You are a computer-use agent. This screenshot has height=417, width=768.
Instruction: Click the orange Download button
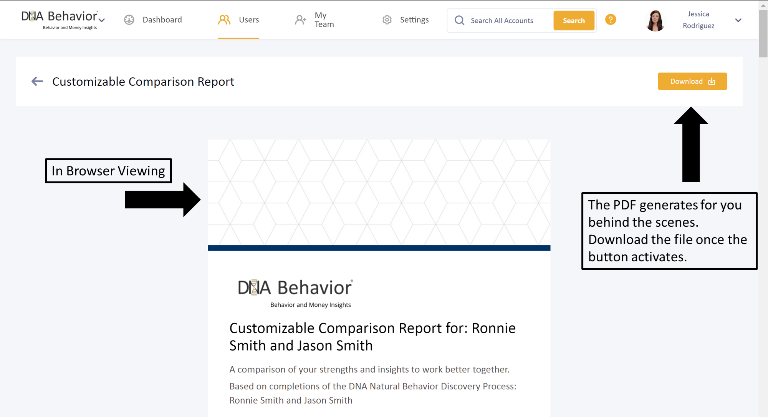click(x=692, y=81)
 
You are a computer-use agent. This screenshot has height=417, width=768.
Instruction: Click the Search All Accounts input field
click(x=502, y=20)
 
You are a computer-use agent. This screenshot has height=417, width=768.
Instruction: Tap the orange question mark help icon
click(x=611, y=19)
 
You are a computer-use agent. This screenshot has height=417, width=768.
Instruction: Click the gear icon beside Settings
click(x=387, y=20)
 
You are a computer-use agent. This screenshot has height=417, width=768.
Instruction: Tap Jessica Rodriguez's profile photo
click(x=655, y=20)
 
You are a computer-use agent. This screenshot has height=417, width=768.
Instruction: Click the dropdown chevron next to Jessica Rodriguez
click(x=738, y=20)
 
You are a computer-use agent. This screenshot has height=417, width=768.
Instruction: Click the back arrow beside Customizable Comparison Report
click(x=37, y=81)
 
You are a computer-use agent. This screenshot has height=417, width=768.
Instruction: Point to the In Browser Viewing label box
click(x=108, y=171)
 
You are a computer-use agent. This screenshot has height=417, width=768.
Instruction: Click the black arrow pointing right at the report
click(x=163, y=199)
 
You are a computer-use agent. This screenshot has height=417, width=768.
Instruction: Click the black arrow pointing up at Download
click(x=691, y=145)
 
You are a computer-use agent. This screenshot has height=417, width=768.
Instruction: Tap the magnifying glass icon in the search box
click(x=459, y=20)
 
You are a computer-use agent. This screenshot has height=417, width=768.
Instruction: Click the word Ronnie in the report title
click(x=493, y=328)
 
